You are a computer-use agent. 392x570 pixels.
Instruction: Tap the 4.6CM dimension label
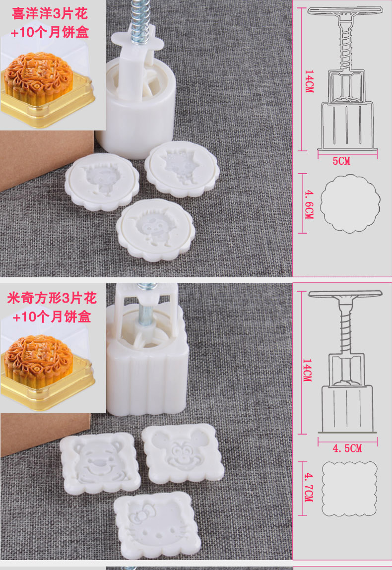[x=309, y=204]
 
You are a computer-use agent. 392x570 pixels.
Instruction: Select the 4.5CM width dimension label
[x=347, y=448]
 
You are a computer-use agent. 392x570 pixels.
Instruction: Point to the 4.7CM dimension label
[x=309, y=487]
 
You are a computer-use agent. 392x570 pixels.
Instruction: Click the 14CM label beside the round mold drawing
[x=309, y=81]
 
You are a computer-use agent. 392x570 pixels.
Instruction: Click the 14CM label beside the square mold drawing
[x=307, y=371]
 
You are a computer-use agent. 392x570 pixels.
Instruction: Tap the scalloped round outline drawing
[x=350, y=203]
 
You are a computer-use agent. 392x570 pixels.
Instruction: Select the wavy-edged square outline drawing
[x=349, y=489]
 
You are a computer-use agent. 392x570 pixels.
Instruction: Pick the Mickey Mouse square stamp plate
[x=182, y=454]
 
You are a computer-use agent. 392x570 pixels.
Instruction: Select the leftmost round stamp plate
[x=102, y=182]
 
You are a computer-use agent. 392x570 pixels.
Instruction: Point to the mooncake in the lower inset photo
[x=38, y=360]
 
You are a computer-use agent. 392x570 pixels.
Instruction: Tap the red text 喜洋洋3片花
[x=50, y=14]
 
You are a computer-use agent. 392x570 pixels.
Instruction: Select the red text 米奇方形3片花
[x=52, y=298]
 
